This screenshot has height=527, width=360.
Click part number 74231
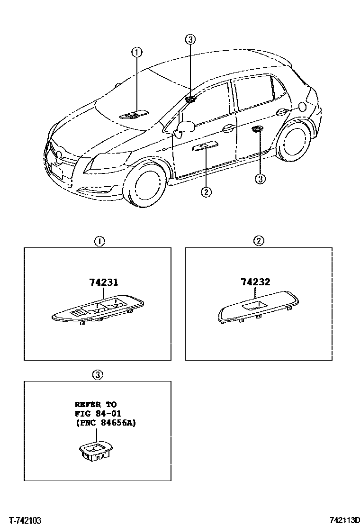(x=103, y=283)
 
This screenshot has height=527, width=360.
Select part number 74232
(x=255, y=282)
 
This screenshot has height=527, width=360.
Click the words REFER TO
(x=95, y=405)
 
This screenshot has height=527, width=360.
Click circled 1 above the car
(x=136, y=52)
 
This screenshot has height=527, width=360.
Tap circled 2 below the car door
(x=206, y=192)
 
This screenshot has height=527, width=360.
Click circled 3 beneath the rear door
(x=260, y=179)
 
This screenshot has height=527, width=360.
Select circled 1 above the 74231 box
(x=99, y=241)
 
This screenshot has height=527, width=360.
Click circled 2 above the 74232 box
(x=258, y=241)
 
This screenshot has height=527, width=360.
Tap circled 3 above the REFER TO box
(x=97, y=375)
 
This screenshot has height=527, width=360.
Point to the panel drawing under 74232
(x=258, y=308)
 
